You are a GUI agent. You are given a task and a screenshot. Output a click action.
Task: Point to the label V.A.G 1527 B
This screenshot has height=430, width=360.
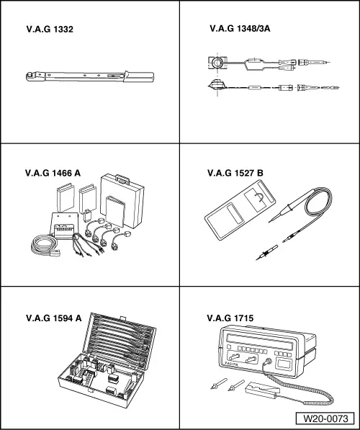[235, 173]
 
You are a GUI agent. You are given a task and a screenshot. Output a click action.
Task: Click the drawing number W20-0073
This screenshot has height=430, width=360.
[325, 418]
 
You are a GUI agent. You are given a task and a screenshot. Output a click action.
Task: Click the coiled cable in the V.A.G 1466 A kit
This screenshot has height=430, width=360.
[42, 247]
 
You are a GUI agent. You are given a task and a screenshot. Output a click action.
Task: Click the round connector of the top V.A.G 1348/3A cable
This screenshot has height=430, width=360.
[215, 63]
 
